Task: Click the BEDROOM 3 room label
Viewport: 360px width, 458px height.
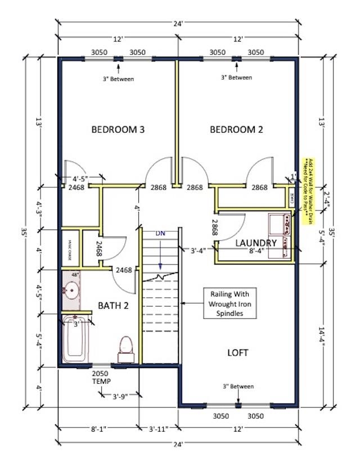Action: [x=118, y=129]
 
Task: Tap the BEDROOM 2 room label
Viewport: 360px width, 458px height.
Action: [x=236, y=129]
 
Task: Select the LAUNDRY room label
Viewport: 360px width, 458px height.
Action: [x=256, y=243]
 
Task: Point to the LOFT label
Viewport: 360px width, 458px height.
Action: [x=237, y=353]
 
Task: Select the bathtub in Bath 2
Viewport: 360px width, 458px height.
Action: [x=75, y=339]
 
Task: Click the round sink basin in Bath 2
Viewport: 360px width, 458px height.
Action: [x=71, y=291]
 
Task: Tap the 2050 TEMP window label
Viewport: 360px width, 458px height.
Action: [x=102, y=377]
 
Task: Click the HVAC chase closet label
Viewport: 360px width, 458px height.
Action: [x=71, y=247]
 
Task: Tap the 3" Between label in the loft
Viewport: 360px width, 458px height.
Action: [x=238, y=387]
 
